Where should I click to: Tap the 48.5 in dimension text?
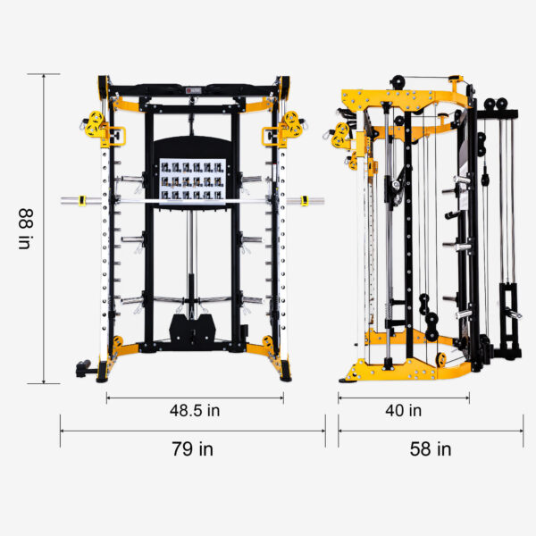pos(196,411)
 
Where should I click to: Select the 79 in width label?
pos(194,448)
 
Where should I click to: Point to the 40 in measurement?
pos(403,411)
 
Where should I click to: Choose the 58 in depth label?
pos(431,448)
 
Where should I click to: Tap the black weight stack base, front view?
pos(193,330)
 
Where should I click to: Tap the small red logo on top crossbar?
pos(194,89)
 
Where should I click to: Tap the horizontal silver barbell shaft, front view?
pos(194,201)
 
